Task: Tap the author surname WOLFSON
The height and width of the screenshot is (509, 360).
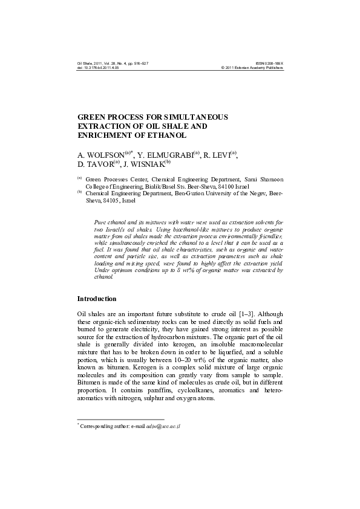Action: [x=106, y=155]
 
